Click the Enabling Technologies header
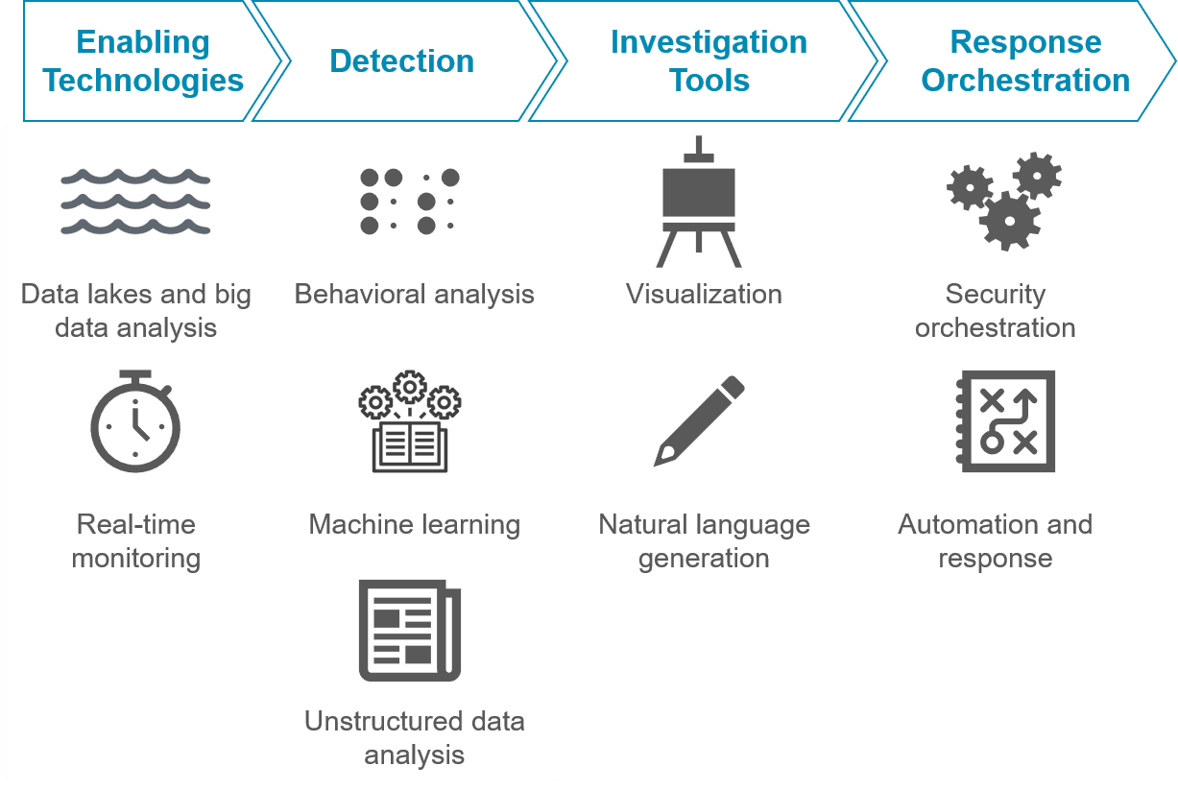(x=143, y=61)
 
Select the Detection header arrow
(x=401, y=61)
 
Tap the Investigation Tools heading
(x=709, y=61)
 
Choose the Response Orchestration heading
(x=1025, y=61)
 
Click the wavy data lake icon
(x=135, y=203)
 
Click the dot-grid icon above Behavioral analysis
(x=410, y=202)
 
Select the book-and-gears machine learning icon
(x=410, y=420)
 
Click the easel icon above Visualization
(x=698, y=203)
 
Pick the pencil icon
(x=699, y=420)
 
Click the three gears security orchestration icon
(x=1004, y=200)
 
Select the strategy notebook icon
(x=1005, y=420)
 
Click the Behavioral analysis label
(x=414, y=294)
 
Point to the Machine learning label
(x=414, y=525)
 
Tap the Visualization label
(x=704, y=294)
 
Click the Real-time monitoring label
(x=136, y=541)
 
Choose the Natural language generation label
(x=704, y=541)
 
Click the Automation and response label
(x=995, y=541)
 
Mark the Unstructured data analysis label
(x=414, y=738)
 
